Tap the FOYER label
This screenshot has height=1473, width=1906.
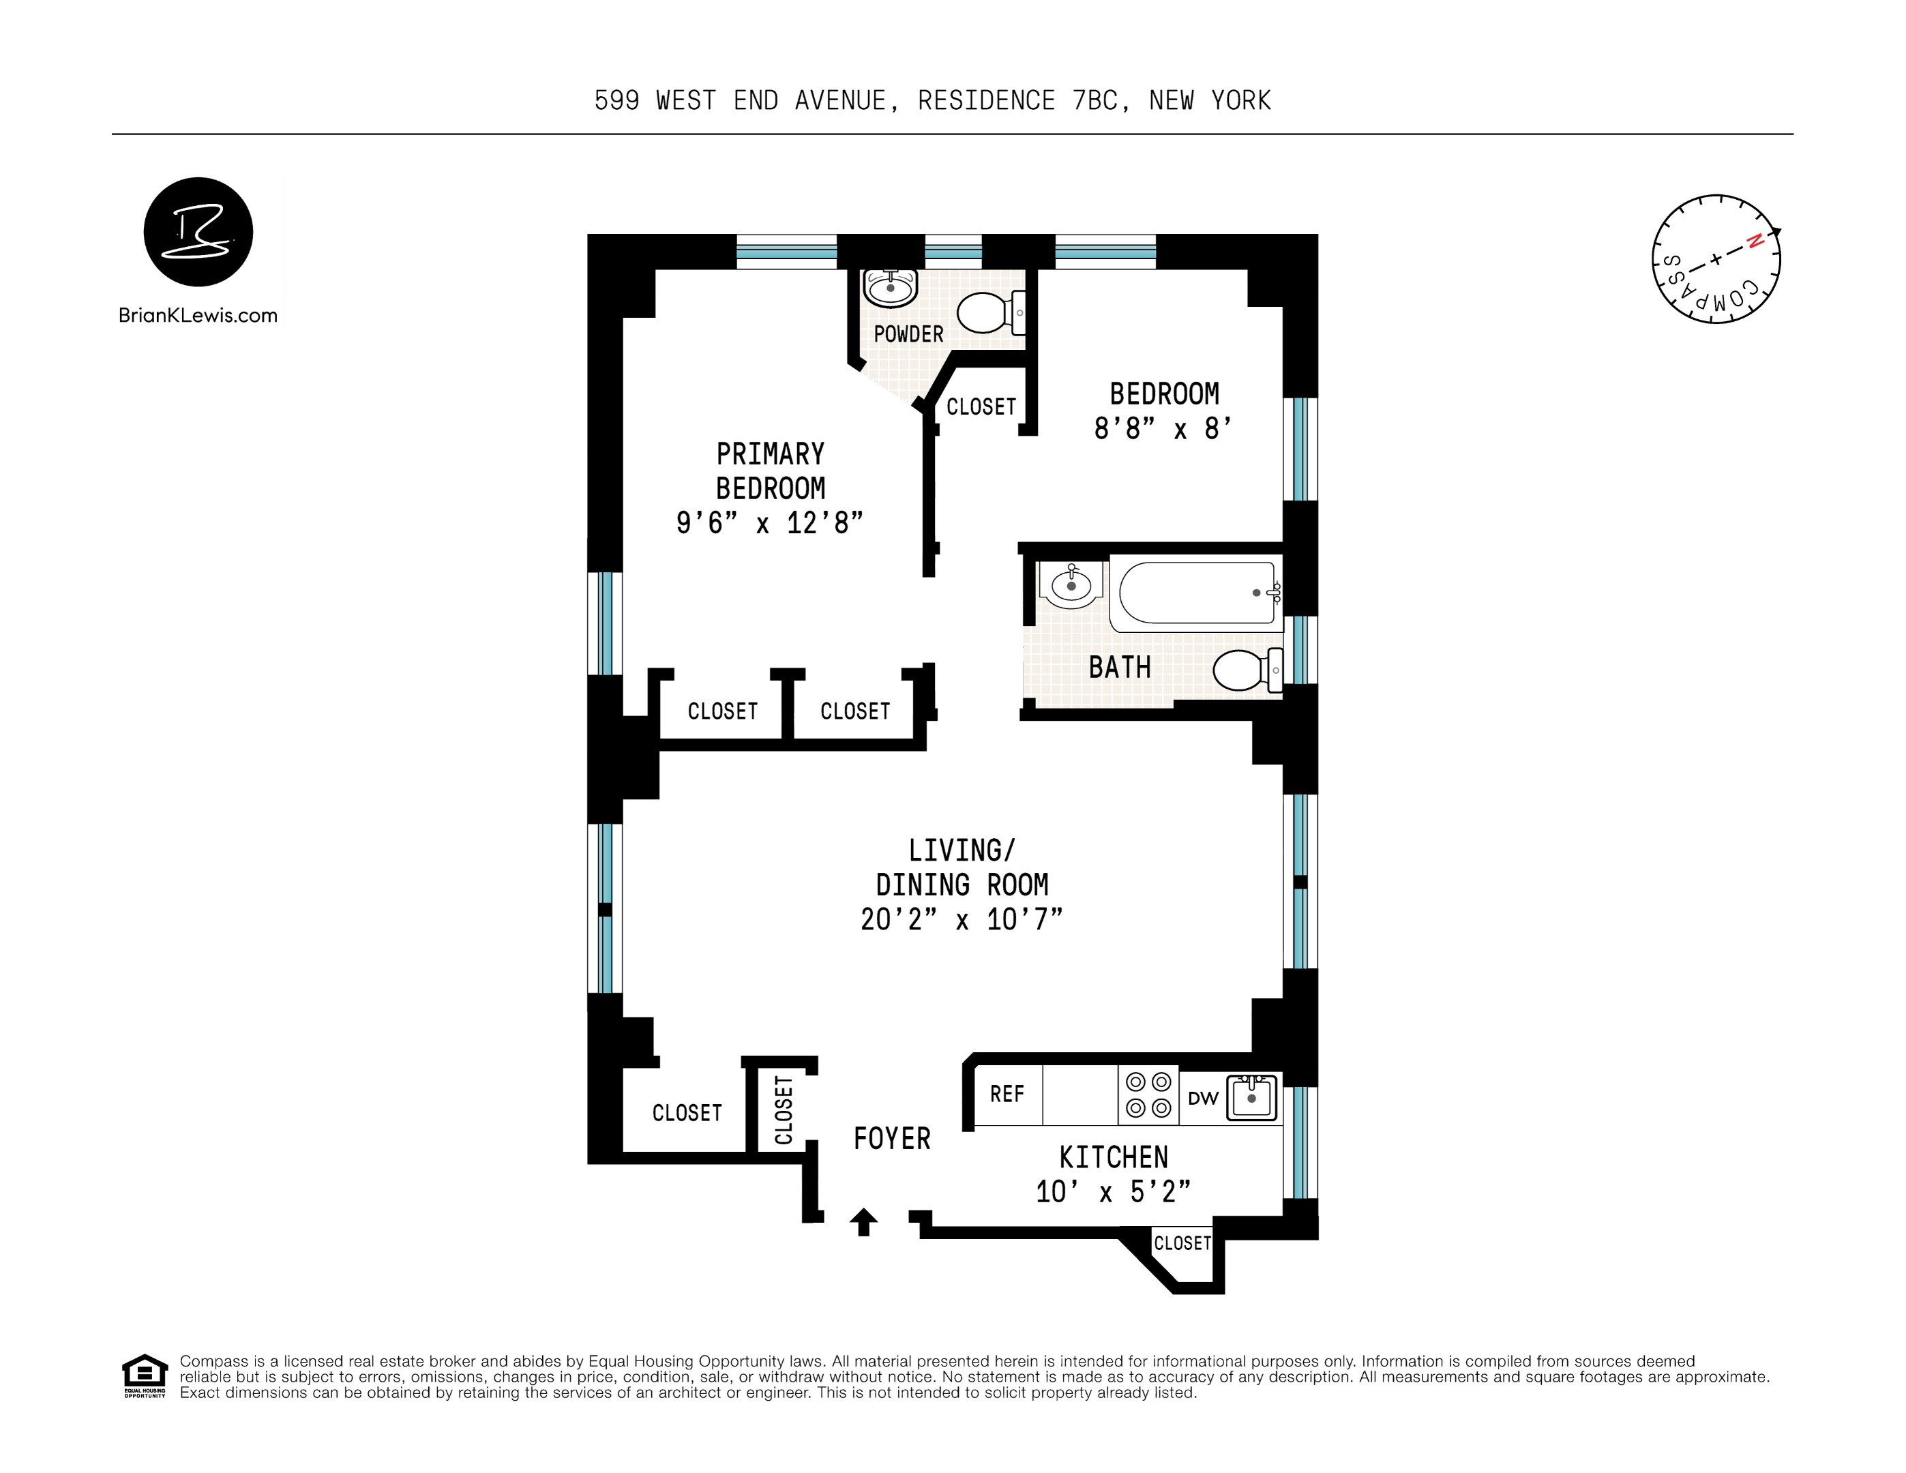coord(892,1139)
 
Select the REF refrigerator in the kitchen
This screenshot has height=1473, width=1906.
coord(1007,1095)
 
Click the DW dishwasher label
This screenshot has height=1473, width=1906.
coord(1203,1099)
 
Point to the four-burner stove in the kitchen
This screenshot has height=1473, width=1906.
coord(1148,1095)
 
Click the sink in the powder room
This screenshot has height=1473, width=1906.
coord(890,287)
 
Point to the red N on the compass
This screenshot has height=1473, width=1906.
coord(1754,241)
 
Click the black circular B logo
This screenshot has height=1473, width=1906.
coord(198,232)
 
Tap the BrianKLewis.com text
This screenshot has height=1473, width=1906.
coord(198,316)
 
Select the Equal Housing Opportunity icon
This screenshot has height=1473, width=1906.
coord(144,1375)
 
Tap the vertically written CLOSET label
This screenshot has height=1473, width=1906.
coord(784,1110)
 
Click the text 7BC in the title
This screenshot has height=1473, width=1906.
coord(1095,101)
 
